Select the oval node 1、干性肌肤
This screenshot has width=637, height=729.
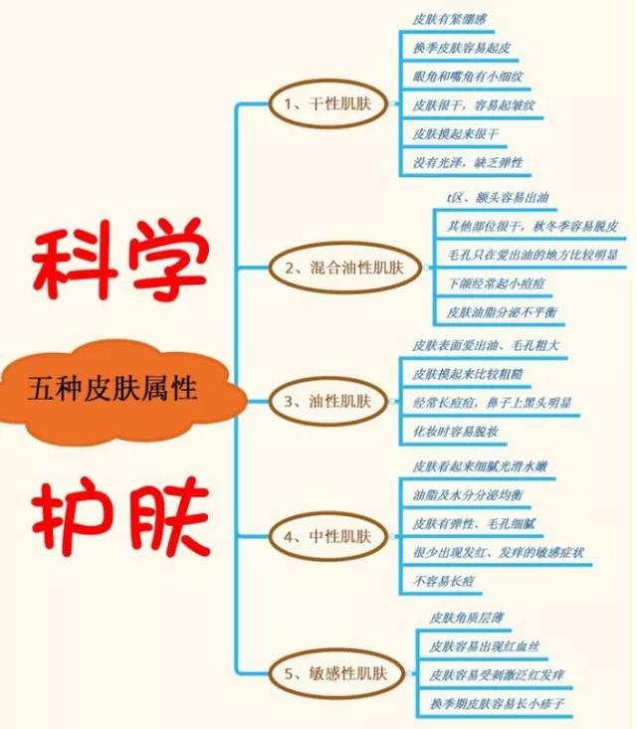click(327, 103)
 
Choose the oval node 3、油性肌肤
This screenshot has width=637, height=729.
click(327, 402)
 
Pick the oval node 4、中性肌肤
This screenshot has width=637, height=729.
click(327, 537)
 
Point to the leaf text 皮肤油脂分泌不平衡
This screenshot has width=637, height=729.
click(504, 312)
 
